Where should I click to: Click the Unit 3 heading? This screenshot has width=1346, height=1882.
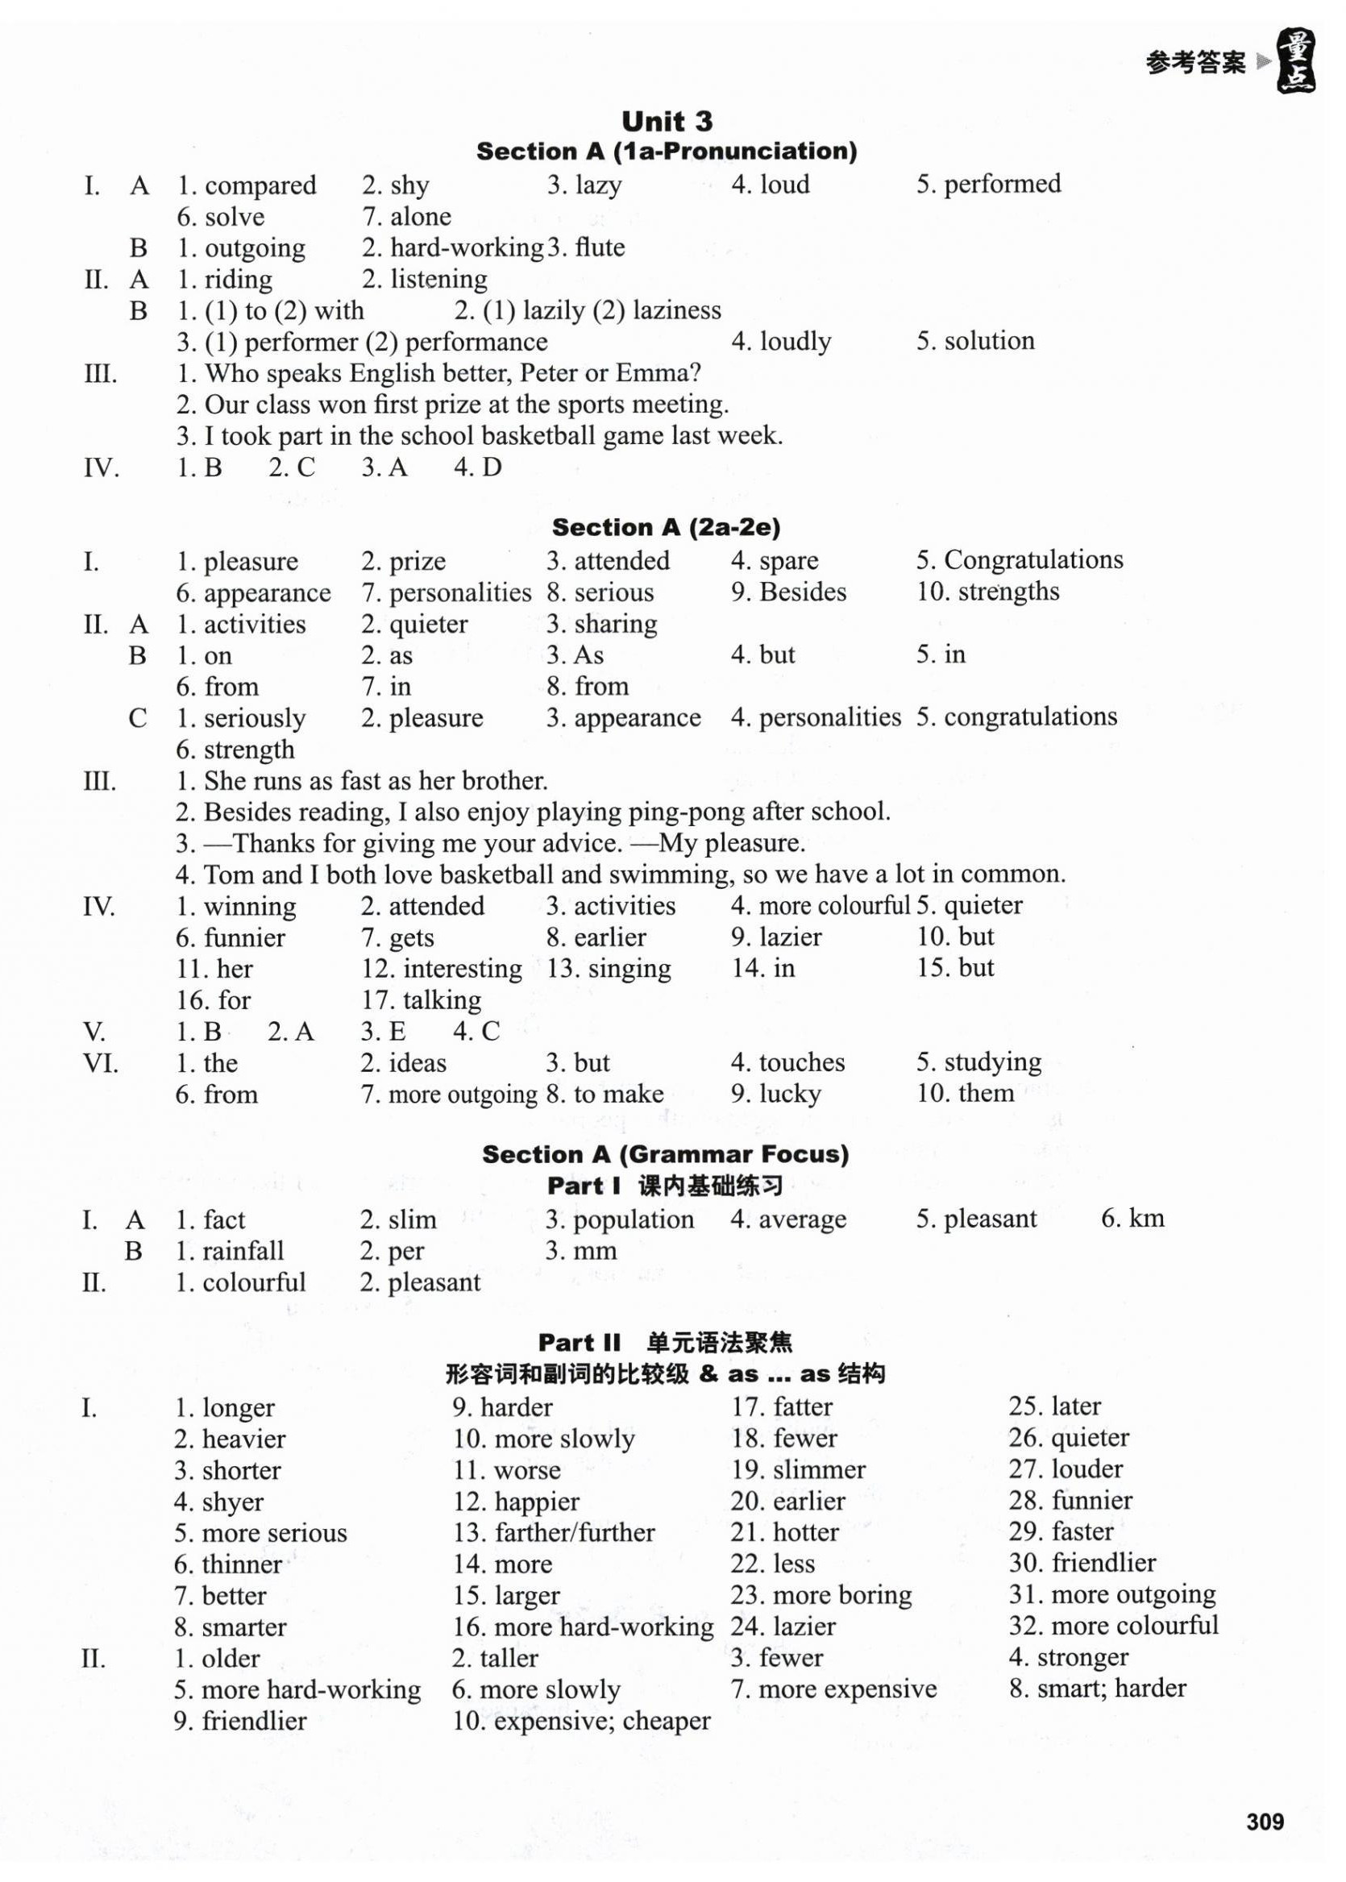pyautogui.click(x=667, y=122)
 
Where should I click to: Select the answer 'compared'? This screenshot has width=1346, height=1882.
pyautogui.click(x=260, y=185)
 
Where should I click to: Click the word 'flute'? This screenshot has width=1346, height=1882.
pyautogui.click(x=599, y=247)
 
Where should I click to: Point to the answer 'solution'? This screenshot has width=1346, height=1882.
pyautogui.click(x=990, y=341)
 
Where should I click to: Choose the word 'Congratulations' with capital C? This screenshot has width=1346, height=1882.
pyautogui.click(x=1033, y=560)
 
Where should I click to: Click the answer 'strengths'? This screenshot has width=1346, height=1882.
pyautogui.click(x=1008, y=592)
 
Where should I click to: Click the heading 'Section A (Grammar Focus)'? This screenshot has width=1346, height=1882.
pyautogui.click(x=666, y=1154)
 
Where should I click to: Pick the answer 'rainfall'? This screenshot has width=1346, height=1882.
pyautogui.click(x=243, y=1251)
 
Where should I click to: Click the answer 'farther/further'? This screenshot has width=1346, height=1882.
pyautogui.click(x=575, y=1532)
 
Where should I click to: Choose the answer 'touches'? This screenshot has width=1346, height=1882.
pyautogui.click(x=801, y=1062)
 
